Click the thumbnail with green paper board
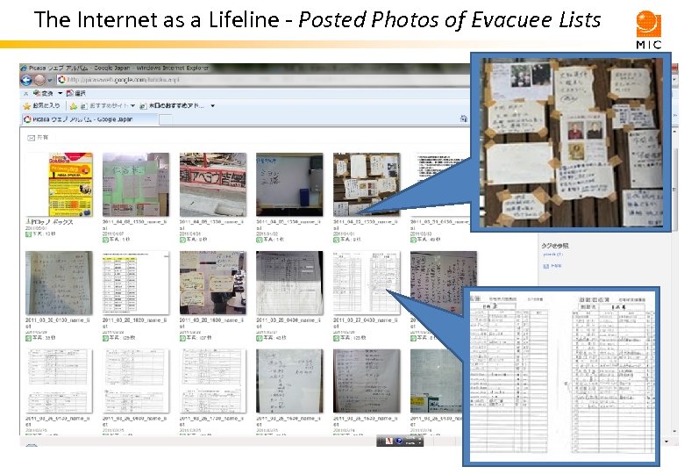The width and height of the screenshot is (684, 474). click(x=136, y=183)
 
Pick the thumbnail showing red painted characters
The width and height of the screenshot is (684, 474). click(x=212, y=183)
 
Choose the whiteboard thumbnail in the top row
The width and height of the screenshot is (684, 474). click(x=289, y=183)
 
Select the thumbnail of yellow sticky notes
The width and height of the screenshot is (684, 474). click(x=212, y=283)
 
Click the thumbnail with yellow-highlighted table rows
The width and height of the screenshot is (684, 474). click(x=136, y=283)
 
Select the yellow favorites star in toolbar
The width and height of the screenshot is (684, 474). click(x=27, y=105)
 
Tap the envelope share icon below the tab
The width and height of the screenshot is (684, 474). click(x=32, y=138)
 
